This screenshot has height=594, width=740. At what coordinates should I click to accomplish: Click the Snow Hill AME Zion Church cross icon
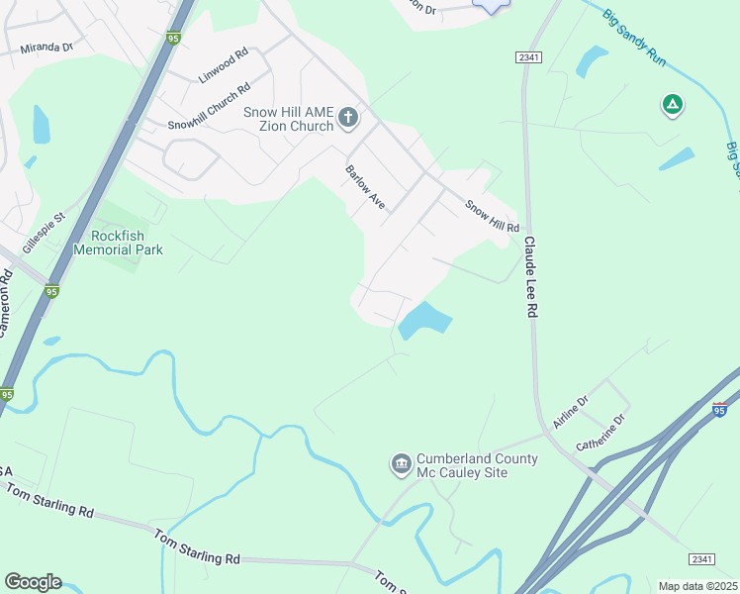[347, 119]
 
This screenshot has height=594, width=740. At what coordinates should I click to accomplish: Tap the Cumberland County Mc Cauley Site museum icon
[401, 463]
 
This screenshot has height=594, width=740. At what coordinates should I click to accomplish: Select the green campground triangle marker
[672, 104]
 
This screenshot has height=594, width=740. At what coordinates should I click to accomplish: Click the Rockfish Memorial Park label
[127, 243]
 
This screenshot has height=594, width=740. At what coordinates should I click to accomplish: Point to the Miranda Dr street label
[46, 47]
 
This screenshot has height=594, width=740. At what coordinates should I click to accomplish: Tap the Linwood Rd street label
[223, 65]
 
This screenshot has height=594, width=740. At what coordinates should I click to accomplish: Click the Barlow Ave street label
[364, 186]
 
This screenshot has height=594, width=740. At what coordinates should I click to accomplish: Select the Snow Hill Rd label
[492, 216]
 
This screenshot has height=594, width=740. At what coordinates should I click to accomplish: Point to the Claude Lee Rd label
[531, 276]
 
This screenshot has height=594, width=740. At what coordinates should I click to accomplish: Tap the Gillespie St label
[44, 231]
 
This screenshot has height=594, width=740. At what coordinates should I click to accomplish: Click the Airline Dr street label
[571, 413]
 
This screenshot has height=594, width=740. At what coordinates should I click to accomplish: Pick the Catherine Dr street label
[603, 433]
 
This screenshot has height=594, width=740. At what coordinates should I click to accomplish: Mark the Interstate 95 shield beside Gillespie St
[51, 291]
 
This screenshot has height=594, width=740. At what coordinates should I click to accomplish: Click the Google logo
[33, 582]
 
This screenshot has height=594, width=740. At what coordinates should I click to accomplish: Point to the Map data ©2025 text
[697, 586]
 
